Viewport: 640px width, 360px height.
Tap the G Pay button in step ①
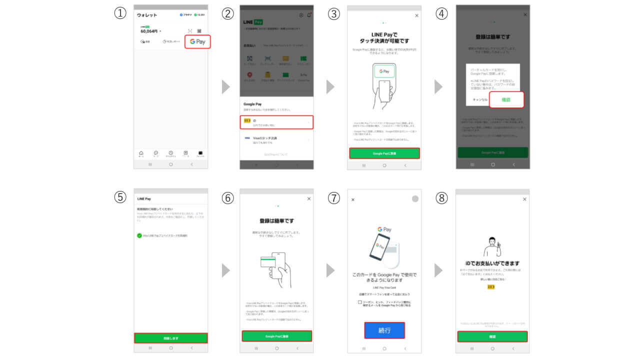pyautogui.click(x=197, y=41)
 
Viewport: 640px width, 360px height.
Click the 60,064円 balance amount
pyautogui.click(x=149, y=31)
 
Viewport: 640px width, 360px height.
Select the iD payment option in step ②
pyautogui.click(x=276, y=121)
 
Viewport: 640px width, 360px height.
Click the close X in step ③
pyautogui.click(x=417, y=16)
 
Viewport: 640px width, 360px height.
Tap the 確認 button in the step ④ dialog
pyautogui.click(x=506, y=100)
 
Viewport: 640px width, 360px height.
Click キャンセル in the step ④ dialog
pyautogui.click(x=479, y=100)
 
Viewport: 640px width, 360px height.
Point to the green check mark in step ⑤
pyautogui.click(x=139, y=235)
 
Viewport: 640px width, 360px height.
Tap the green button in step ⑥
pyautogui.click(x=276, y=336)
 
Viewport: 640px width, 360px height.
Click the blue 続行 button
pyautogui.click(x=384, y=330)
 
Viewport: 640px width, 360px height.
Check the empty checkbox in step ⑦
pyautogui.click(x=360, y=302)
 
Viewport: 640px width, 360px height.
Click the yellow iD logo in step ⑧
pyautogui.click(x=491, y=287)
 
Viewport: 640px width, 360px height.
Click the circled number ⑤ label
pyautogui.click(x=119, y=197)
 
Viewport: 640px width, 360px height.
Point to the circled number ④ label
pyautogui.click(x=441, y=14)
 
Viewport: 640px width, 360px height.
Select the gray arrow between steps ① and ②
pyautogui.click(x=226, y=86)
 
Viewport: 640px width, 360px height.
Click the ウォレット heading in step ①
pyautogui.click(x=147, y=15)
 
